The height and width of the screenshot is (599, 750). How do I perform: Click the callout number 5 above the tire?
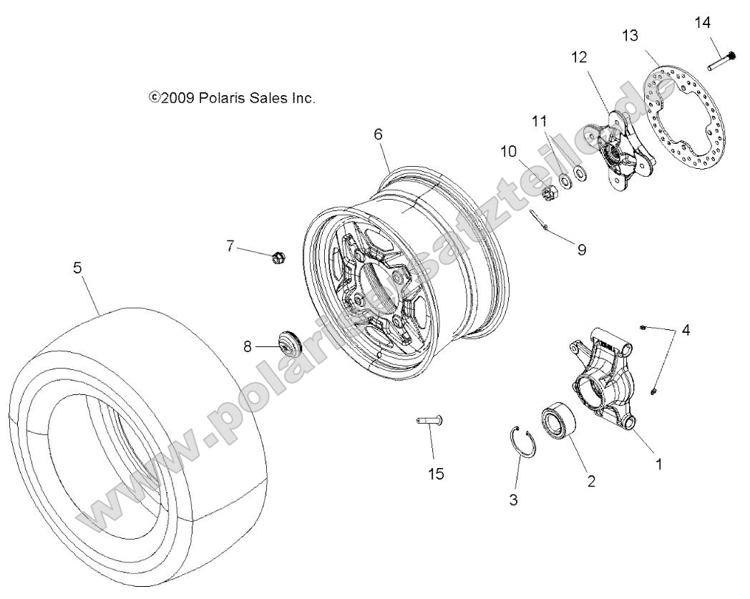click(x=77, y=268)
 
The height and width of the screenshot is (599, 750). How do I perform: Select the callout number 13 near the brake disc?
click(x=630, y=36)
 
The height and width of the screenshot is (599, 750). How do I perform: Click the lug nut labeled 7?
click(x=278, y=256)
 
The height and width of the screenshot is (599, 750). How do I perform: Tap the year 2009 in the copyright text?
click(x=177, y=98)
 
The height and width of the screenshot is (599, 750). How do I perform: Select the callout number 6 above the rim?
click(x=378, y=134)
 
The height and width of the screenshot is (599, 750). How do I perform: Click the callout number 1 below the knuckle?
click(x=658, y=464)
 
